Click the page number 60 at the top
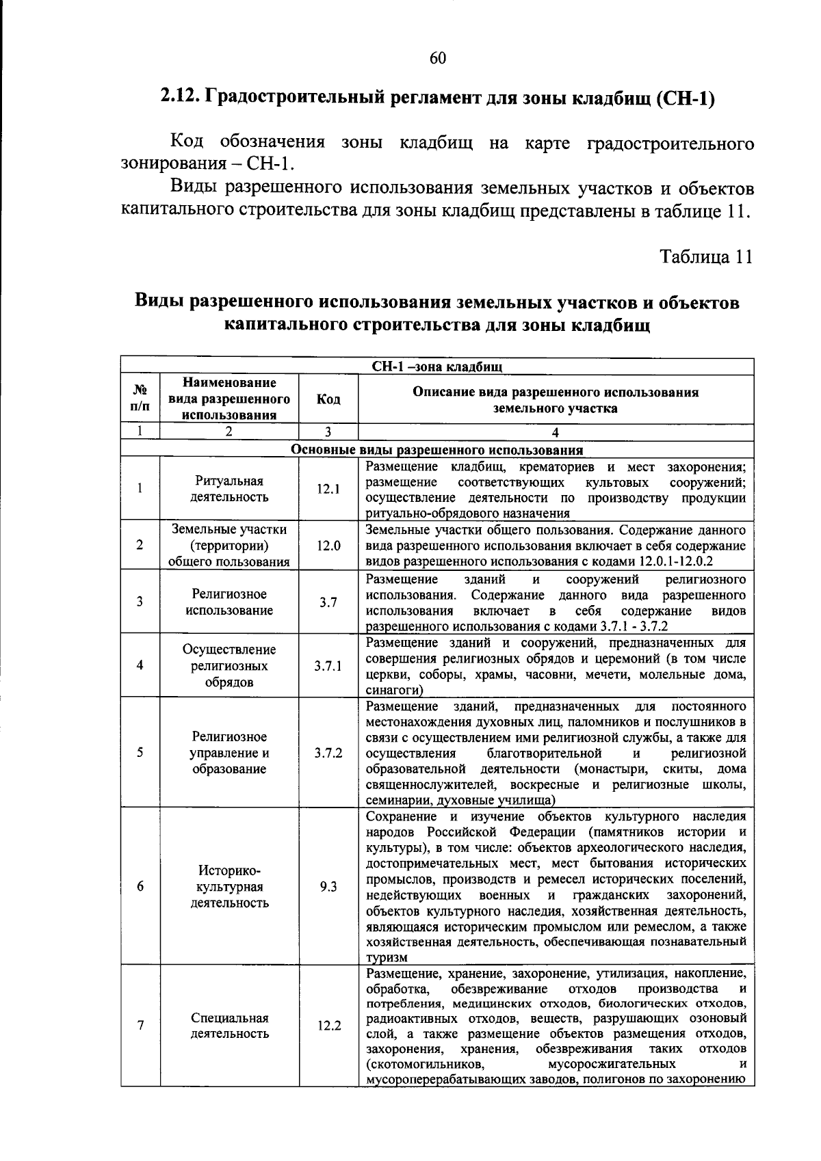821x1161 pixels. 438,59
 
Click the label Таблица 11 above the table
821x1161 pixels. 705,256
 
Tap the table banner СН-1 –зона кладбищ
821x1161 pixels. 437,366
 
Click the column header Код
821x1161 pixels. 328,399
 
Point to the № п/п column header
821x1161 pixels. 140,399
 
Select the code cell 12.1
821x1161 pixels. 328,489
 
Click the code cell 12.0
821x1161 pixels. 328,546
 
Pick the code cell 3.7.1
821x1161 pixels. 328,665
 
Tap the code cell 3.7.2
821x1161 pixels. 328,753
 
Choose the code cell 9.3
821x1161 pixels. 328,886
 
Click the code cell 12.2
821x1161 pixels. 328,1026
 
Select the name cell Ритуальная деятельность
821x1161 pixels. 229,489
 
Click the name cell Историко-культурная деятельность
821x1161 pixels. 229,886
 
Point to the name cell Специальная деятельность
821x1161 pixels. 229,1026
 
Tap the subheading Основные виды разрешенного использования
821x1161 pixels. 437,450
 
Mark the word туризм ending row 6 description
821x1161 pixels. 387,957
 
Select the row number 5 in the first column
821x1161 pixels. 140,753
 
